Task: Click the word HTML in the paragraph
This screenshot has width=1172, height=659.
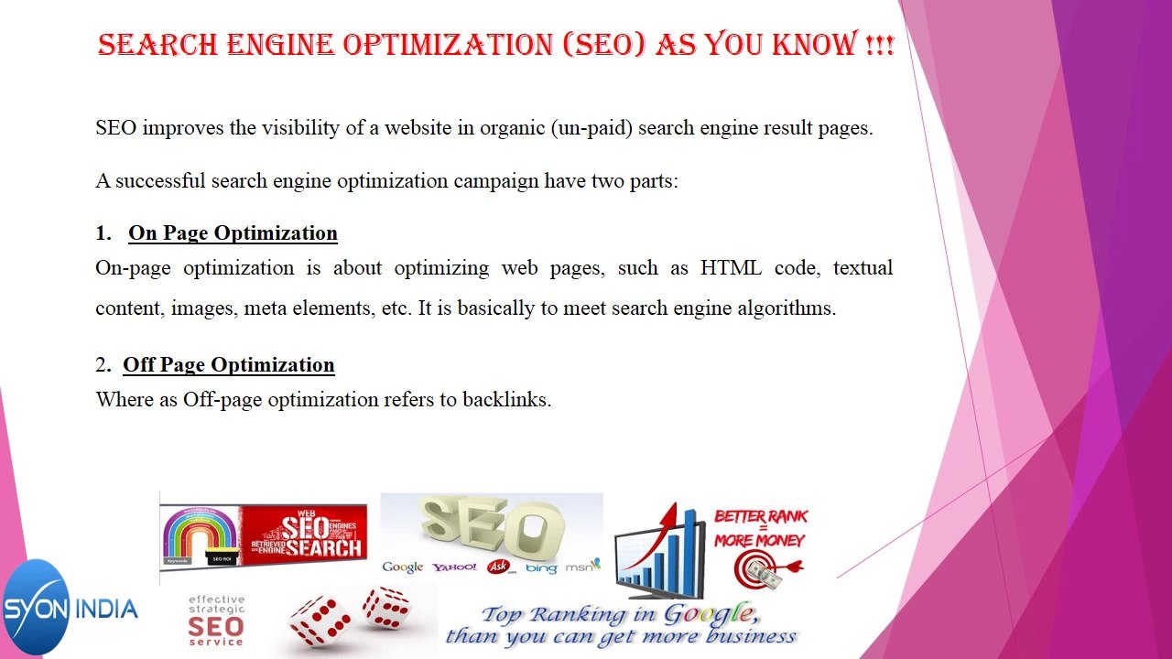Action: (731, 268)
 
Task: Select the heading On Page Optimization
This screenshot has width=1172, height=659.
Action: (233, 233)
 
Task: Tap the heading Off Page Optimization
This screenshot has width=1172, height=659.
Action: (229, 365)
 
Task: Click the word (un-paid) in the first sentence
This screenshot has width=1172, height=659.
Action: (591, 128)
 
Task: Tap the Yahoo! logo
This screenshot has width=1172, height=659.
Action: (454, 567)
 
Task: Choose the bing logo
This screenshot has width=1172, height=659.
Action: (541, 568)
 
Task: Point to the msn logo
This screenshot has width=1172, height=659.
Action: (582, 567)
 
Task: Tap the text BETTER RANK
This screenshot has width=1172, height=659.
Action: (760, 517)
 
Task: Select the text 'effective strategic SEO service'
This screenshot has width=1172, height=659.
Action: (216, 621)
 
